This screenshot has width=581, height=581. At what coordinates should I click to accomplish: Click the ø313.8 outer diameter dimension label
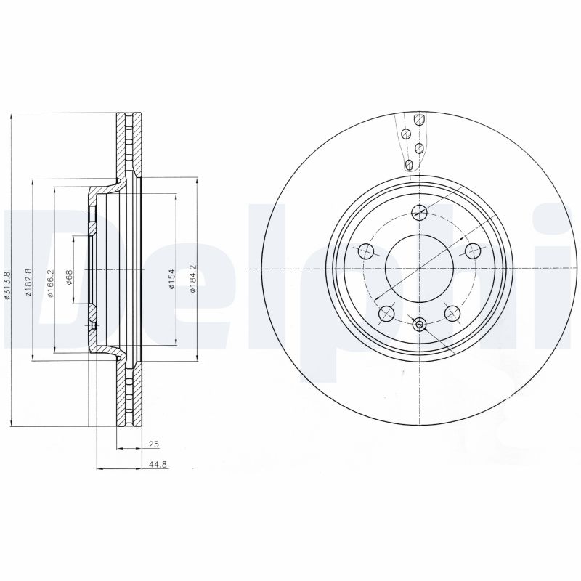[x=7, y=285]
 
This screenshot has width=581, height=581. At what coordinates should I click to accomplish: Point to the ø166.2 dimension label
[x=50, y=283]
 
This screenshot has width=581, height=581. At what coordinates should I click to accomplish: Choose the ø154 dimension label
[x=172, y=280]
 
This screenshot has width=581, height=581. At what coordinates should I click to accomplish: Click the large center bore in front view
[x=419, y=269]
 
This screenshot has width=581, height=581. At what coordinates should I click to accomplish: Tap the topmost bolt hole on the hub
[x=419, y=212]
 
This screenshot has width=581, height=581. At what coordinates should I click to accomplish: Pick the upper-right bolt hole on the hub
[x=474, y=251]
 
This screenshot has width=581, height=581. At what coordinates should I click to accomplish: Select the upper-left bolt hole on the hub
[x=365, y=251]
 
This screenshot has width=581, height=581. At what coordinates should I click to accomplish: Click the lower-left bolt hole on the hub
[x=386, y=314]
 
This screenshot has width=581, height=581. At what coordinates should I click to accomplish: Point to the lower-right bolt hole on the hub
[x=452, y=314]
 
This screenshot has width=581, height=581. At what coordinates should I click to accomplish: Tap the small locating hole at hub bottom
[x=419, y=324]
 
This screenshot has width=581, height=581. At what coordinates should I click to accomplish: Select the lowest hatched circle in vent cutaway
[x=410, y=165]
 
